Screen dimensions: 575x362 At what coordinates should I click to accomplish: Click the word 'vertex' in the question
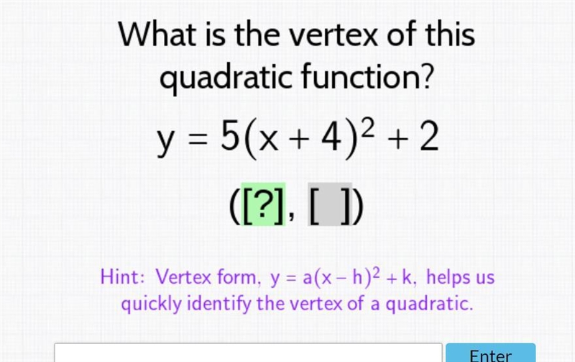[333, 35]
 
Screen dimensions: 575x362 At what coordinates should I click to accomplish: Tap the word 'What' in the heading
[157, 34]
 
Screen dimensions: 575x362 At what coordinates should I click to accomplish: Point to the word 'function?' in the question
[367, 76]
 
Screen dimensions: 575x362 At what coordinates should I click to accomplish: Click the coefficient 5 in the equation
[229, 137]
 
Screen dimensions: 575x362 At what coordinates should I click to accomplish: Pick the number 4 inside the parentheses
[331, 137]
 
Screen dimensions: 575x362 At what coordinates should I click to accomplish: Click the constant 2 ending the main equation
[429, 137]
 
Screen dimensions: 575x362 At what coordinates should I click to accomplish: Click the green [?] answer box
[263, 204]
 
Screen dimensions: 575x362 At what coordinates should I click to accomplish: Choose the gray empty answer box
[330, 204]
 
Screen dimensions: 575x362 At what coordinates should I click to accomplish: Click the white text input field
[248, 353]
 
